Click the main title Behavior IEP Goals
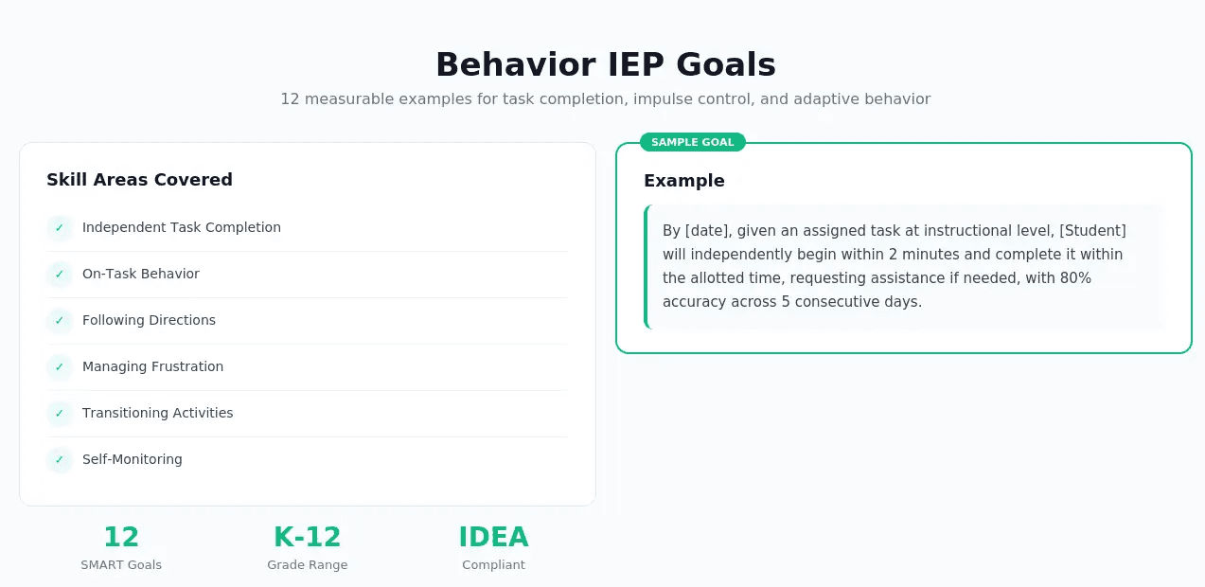click(605, 64)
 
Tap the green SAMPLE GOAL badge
click(692, 142)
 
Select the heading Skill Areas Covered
click(139, 180)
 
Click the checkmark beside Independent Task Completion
click(60, 228)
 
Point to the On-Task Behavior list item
click(141, 274)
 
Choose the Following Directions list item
click(149, 320)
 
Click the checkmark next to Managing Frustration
click(60, 367)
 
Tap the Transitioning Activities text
click(157, 413)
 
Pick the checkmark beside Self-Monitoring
click(60, 460)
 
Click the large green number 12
click(121, 537)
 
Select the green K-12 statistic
click(307, 537)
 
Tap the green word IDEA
click(493, 537)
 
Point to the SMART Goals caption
click(121, 565)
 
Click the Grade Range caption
click(307, 565)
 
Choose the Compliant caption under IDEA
click(493, 565)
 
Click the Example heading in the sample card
click(683, 181)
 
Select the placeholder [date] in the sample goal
click(706, 230)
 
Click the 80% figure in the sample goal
click(1074, 277)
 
